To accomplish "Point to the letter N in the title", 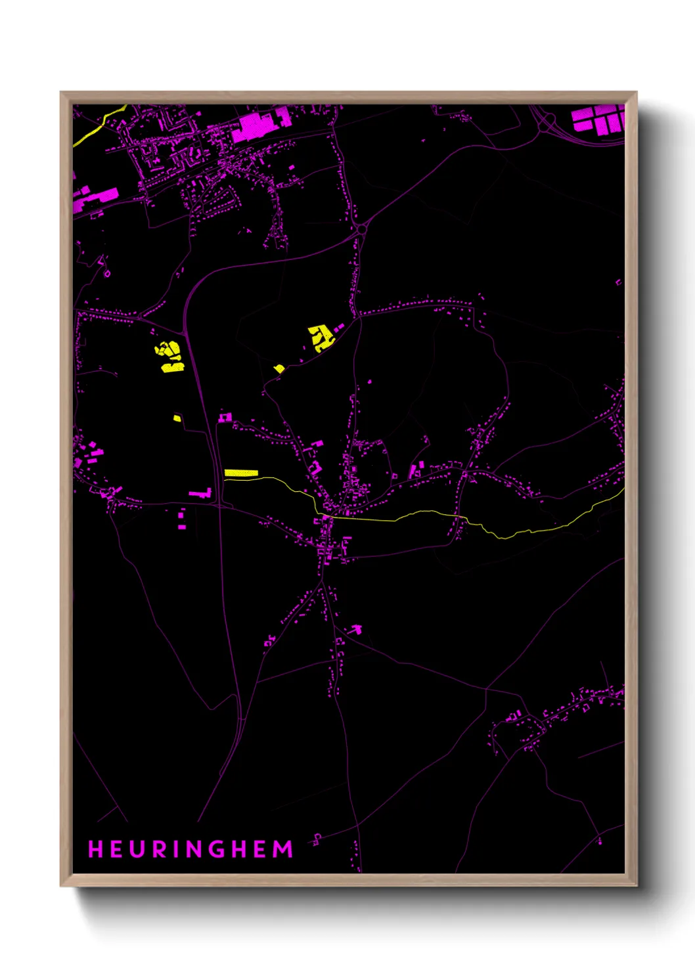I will coord(195,849).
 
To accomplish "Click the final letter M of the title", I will coord(283,849).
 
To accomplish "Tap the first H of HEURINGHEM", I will coord(95,849).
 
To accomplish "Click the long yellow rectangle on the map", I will coord(241,473).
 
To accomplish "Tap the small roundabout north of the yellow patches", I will coord(361,229).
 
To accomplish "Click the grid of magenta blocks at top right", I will coord(598,120).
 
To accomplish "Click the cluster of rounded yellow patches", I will coord(170,355).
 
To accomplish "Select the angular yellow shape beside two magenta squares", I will coord(321,338).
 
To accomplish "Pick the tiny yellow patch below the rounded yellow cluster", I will coord(177,418).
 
